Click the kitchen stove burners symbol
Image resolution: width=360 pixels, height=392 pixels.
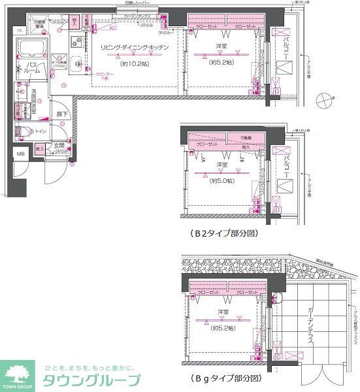[76, 41]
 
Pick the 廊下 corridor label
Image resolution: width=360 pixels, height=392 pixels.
[61, 114]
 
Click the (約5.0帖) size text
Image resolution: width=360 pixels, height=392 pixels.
[221, 178]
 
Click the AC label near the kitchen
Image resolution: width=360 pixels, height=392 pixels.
[112, 28]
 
